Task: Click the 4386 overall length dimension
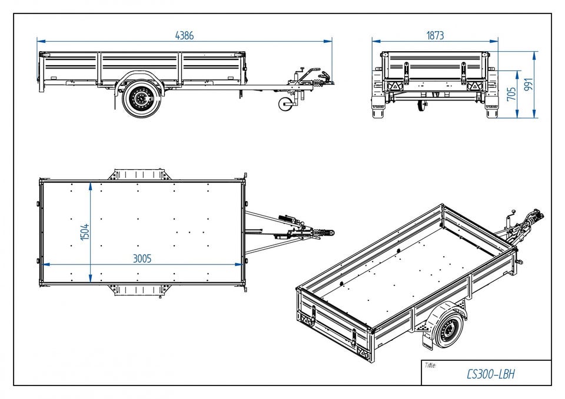click(x=184, y=35)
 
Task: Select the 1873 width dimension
click(x=435, y=35)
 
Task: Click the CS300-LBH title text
click(x=490, y=374)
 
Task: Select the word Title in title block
click(x=430, y=366)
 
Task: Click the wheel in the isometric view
click(x=449, y=331)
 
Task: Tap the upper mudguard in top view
click(x=138, y=175)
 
